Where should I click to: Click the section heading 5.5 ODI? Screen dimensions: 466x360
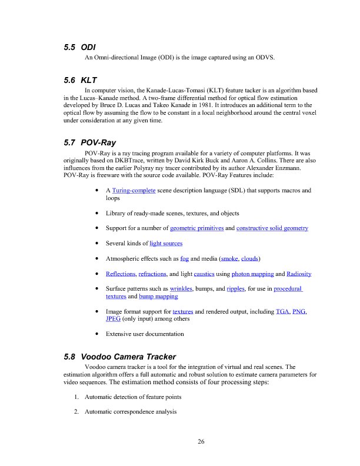point(79,46)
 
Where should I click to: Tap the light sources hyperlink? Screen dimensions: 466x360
point(166,243)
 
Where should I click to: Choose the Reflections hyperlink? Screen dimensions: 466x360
point(121,274)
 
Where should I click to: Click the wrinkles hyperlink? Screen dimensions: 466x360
point(181,289)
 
